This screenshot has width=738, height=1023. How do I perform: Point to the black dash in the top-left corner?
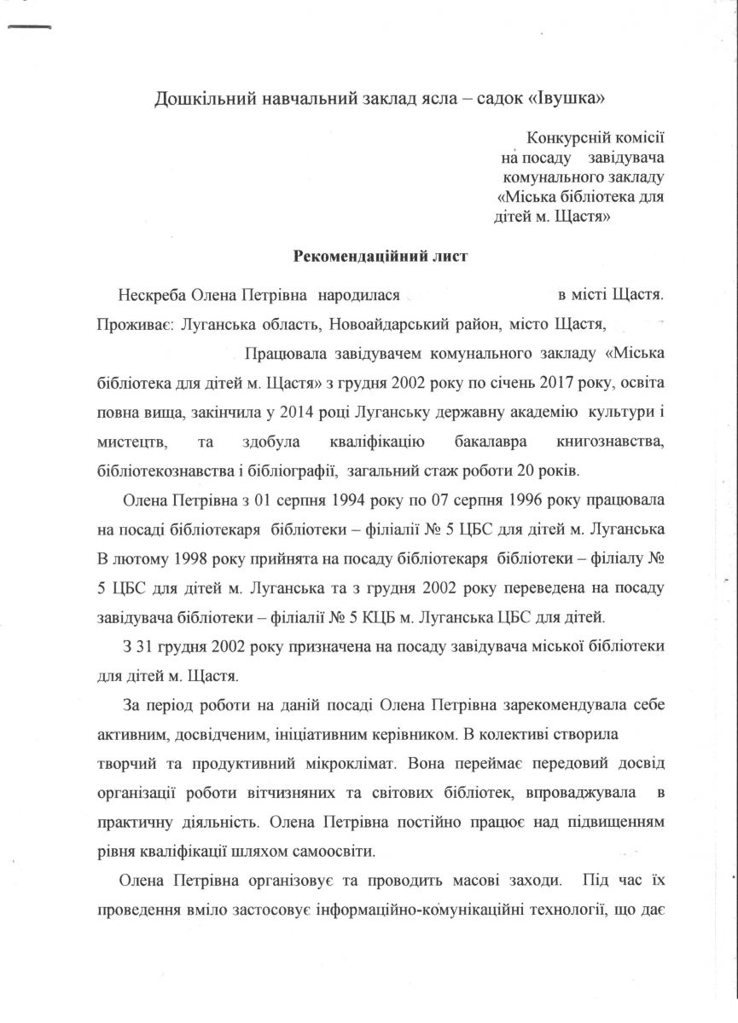click(x=30, y=27)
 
